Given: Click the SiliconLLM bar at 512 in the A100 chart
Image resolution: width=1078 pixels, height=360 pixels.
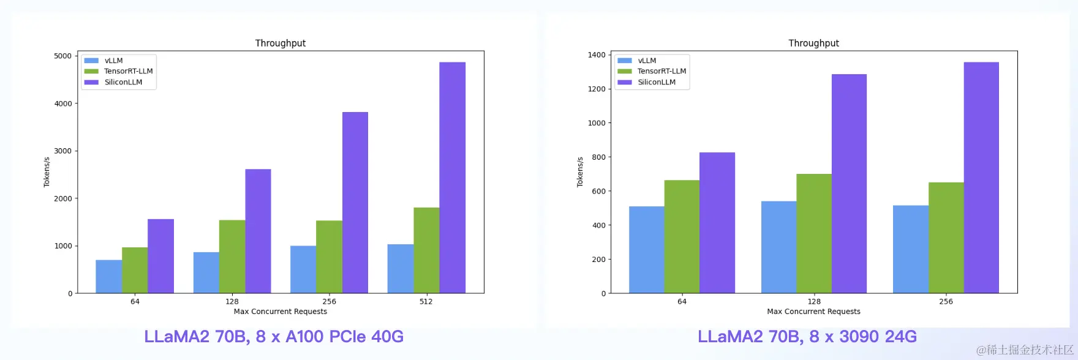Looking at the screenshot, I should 452,178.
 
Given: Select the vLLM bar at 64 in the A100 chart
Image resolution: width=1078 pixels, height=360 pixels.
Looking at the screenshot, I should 108,277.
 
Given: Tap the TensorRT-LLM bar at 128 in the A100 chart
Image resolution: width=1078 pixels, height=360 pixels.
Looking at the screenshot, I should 232,257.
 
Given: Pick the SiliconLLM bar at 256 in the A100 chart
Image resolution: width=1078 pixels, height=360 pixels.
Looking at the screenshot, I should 355,203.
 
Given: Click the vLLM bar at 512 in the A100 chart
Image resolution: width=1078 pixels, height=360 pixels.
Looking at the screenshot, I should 401,269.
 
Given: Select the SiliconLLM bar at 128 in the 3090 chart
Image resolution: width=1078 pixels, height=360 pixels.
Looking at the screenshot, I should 849,184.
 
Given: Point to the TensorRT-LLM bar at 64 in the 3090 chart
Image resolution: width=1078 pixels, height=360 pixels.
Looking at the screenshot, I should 682,237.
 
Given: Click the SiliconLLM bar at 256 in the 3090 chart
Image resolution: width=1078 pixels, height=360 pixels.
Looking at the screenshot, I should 981,178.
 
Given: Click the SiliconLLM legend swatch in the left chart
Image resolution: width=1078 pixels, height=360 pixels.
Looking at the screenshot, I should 91,82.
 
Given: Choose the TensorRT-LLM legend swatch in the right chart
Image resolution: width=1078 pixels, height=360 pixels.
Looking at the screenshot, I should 625,71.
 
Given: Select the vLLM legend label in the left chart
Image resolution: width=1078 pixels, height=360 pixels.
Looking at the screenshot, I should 114,61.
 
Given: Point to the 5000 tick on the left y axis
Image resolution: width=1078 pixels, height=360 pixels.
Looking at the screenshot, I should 63,56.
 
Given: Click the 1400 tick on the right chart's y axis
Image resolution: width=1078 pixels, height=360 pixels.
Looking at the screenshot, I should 597,55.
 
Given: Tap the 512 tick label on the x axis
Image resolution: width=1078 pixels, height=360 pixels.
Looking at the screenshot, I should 426,301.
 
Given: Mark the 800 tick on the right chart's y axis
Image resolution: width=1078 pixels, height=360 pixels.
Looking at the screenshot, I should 598,157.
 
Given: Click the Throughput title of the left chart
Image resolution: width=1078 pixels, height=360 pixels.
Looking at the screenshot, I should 281,43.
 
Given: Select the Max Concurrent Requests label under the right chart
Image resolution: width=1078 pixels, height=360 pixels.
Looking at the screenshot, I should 813,312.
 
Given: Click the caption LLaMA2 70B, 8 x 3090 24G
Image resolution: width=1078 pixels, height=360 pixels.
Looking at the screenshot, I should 807,337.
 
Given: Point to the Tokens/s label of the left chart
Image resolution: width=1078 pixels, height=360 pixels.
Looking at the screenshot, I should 47,172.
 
